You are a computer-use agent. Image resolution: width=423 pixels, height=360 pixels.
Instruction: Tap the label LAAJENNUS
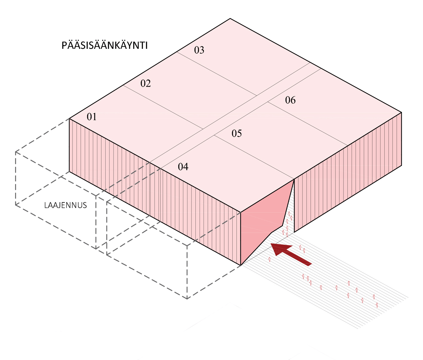pos(65,205)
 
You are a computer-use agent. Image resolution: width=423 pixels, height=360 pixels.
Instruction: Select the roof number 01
pos(92,117)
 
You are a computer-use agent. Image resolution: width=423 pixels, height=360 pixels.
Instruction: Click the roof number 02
pos(145,83)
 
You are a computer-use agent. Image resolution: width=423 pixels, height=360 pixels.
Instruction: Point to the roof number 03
pos(199,50)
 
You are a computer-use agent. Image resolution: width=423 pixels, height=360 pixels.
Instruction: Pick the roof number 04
pos(183,167)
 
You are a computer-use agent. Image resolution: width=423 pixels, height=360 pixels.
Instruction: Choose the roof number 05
pos(236,133)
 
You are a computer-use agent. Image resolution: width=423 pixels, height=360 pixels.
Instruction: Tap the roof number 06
pos(290,100)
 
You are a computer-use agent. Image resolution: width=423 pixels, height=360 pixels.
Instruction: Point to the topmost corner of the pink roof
pos(230,19)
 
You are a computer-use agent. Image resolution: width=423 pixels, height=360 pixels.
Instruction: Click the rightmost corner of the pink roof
pos(401,112)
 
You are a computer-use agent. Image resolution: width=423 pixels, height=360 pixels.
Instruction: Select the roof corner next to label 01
pos(70,119)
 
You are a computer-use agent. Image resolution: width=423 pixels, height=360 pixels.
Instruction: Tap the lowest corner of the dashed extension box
pos(187,299)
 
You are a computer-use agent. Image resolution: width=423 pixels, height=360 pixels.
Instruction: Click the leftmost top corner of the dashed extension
pos(15,152)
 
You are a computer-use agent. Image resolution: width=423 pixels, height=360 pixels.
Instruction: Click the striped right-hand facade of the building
pos(348,172)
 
